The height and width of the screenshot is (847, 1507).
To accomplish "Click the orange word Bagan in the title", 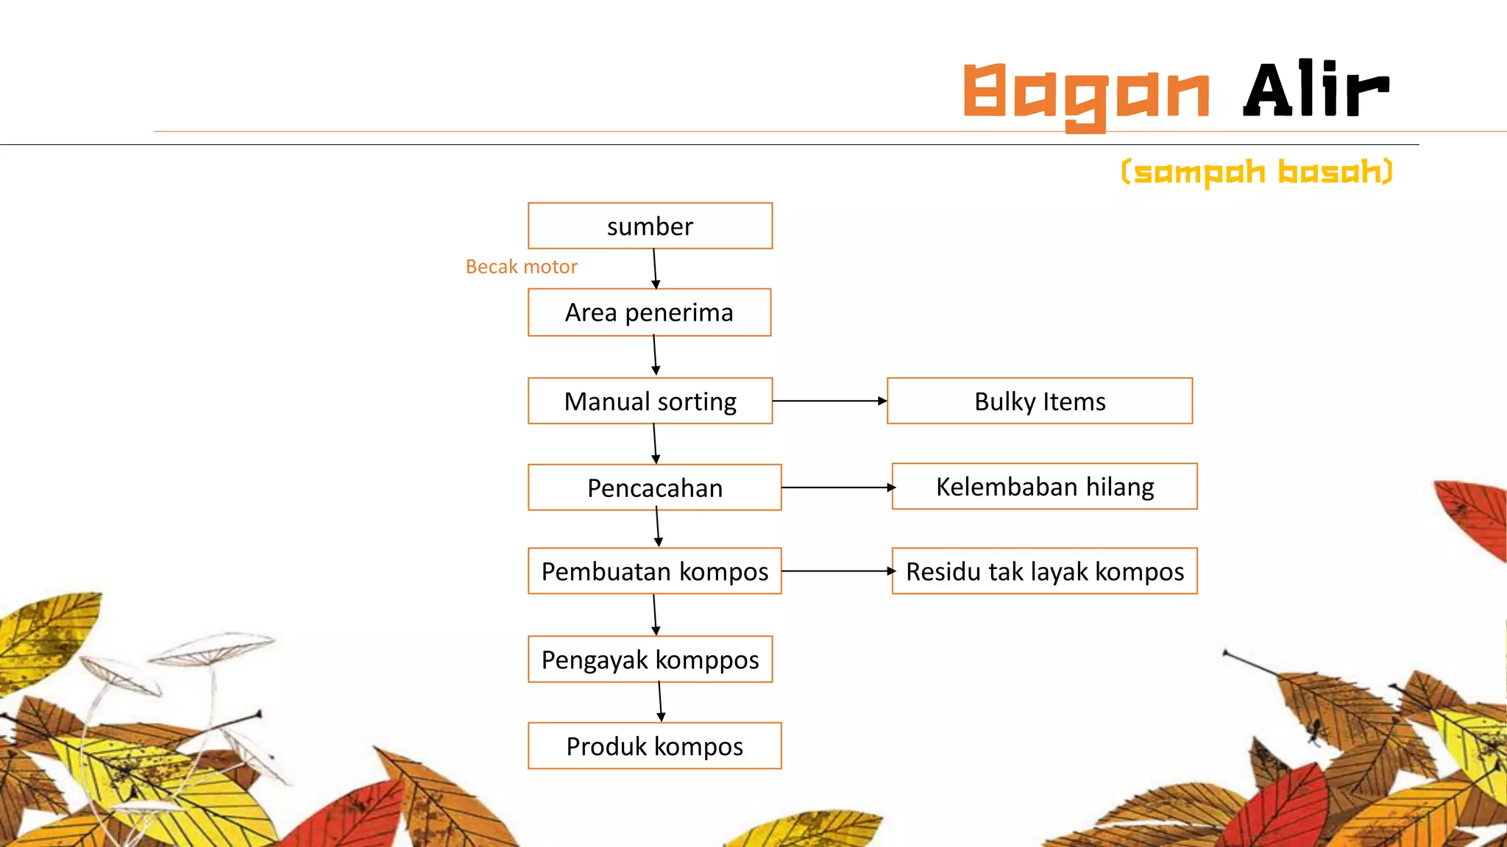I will (1086, 94).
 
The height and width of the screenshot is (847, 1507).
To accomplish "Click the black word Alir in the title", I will (1316, 90).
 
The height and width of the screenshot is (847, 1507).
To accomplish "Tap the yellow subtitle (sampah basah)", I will (1257, 173).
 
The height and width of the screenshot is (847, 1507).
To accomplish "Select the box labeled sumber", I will (650, 226).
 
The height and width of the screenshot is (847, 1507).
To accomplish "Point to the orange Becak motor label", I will (521, 267).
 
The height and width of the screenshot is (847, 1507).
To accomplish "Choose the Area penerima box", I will (649, 312).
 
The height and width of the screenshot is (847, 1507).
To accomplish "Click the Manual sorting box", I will (650, 401).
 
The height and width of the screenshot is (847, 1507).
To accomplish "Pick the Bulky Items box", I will (1039, 401).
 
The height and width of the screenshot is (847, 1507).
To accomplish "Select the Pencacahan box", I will (654, 487).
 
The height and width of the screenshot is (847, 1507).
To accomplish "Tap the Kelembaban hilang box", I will (1044, 487).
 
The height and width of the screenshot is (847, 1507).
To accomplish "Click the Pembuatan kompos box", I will (654, 571).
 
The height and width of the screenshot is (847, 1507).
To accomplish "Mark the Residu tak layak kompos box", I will (1044, 571).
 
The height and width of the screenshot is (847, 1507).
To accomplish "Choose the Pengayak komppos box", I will (650, 660).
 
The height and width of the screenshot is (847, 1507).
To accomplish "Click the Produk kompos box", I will (654, 746).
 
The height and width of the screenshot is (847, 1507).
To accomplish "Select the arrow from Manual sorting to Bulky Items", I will (829, 401).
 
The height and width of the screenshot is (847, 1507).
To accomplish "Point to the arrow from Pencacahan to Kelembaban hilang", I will (837, 487).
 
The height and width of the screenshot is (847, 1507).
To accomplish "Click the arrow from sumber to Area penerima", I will (655, 269).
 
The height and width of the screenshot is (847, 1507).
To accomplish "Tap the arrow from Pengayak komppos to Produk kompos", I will (660, 702).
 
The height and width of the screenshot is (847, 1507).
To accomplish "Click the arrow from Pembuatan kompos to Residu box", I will (837, 571).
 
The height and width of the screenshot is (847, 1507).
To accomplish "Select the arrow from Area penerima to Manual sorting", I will (655, 356).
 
